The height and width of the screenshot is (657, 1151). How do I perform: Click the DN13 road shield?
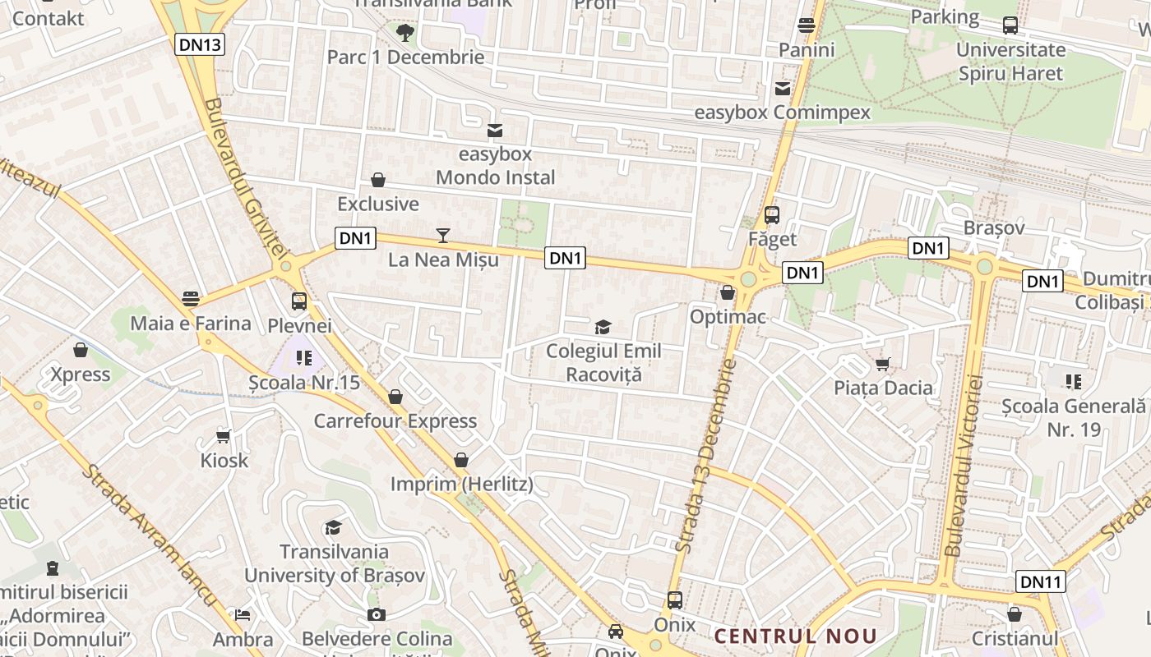[200, 44]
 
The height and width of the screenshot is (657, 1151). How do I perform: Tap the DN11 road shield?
[1041, 582]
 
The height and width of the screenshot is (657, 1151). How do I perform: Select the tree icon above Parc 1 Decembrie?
[404, 33]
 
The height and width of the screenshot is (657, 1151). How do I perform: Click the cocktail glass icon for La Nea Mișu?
[443, 236]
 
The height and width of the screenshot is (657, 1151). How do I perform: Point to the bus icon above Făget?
[772, 215]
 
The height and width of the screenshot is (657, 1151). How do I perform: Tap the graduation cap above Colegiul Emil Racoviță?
[603, 328]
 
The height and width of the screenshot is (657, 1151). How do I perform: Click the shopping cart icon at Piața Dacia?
[883, 364]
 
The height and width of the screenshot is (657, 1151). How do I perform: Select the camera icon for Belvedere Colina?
[377, 614]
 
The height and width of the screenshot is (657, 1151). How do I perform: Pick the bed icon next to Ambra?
[243, 614]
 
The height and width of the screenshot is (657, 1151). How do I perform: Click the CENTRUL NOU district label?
[795, 636]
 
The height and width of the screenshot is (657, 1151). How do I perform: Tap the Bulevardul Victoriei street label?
[964, 466]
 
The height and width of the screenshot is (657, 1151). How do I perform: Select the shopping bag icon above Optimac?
[728, 292]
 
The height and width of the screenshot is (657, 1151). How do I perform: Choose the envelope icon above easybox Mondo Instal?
[495, 131]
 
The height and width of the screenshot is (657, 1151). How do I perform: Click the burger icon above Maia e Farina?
[192, 298]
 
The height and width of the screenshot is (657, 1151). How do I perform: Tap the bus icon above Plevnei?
[299, 301]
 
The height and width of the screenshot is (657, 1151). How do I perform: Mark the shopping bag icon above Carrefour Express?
[395, 397]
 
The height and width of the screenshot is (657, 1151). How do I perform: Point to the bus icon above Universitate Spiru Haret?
[1010, 25]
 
